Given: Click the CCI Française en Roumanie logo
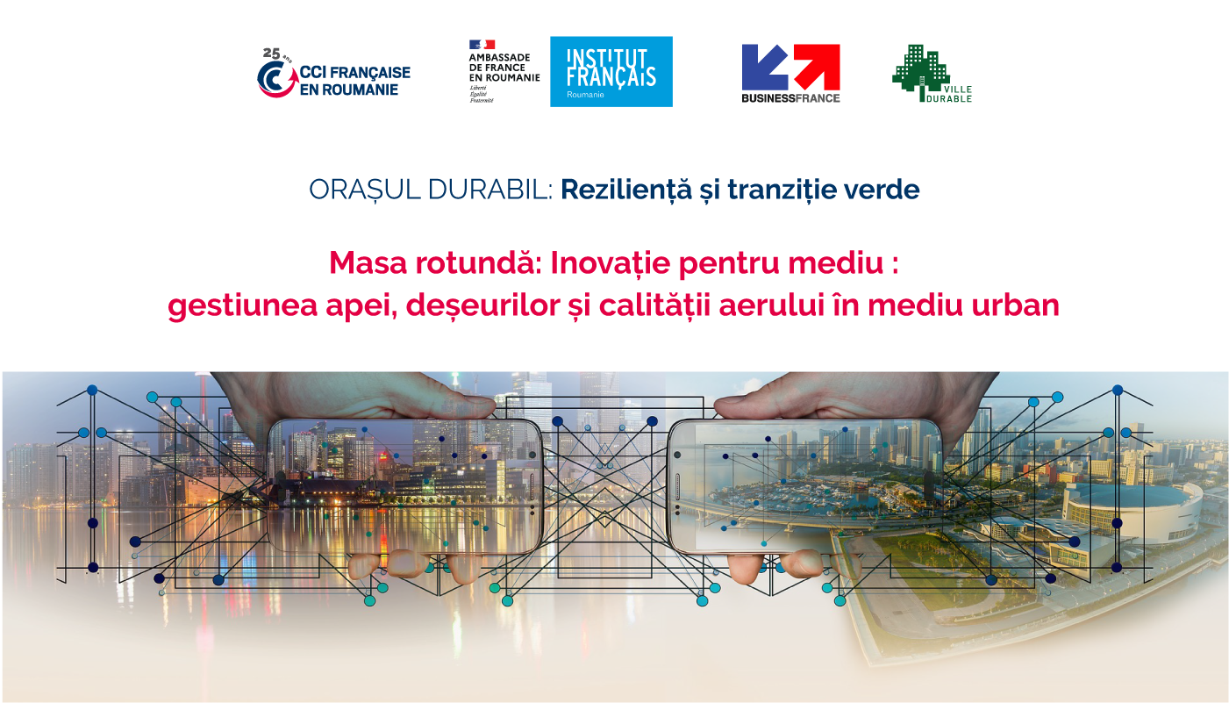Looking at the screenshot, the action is click(333, 73).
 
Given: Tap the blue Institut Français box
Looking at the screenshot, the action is click(611, 71).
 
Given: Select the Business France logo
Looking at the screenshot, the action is click(790, 74).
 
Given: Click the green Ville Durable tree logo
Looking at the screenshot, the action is click(932, 74).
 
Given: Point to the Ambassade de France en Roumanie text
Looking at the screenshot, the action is click(504, 68).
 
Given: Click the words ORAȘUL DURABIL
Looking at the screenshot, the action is click(431, 190).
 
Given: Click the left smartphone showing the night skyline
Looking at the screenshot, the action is click(405, 487).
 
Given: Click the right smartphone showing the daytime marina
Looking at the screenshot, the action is click(804, 487).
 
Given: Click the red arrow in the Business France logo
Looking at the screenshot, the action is click(817, 67).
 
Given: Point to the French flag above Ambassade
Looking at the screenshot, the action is click(482, 45).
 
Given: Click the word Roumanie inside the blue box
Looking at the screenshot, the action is click(585, 95).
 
